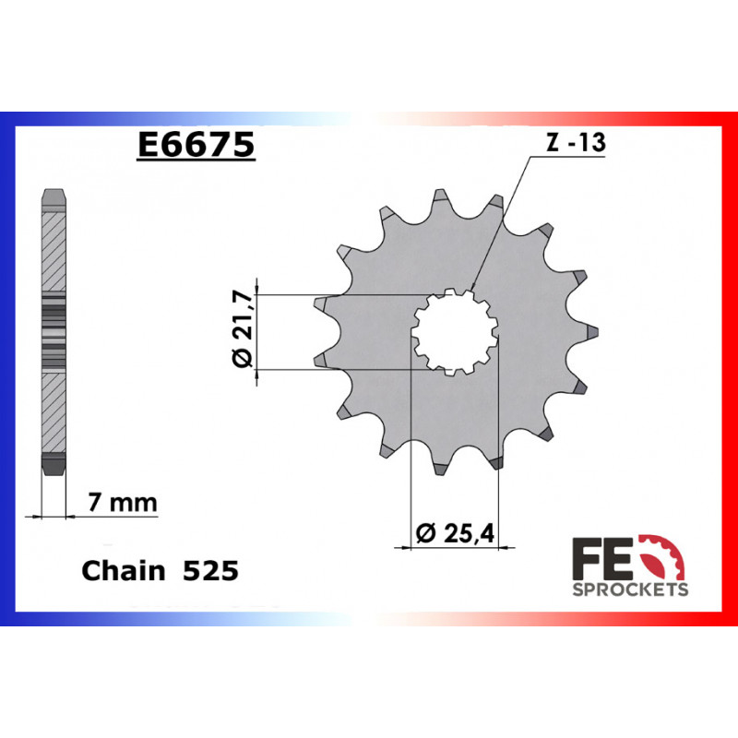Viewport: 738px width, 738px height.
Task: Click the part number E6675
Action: pyautogui.click(x=196, y=146)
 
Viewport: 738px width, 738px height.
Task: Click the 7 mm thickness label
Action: pyautogui.click(x=123, y=503)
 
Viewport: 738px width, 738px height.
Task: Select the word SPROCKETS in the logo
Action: pyautogui.click(x=630, y=589)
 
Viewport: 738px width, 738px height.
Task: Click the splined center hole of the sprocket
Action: pyautogui.click(x=453, y=331)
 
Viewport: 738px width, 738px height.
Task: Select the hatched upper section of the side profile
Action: pyautogui.click(x=54, y=249)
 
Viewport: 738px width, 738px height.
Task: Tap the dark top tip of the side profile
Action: pyautogui.click(x=54, y=197)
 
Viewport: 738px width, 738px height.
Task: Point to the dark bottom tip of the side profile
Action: pyautogui.click(x=54, y=466)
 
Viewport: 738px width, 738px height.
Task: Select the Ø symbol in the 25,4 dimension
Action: pyautogui.click(x=425, y=533)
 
